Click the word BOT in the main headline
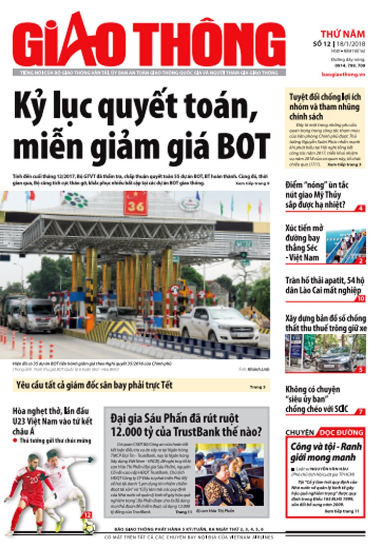point(243,144)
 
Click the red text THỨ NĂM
point(343,34)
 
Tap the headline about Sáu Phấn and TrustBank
point(186,425)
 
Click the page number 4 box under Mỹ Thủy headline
point(360,208)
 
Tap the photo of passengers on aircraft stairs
point(346,246)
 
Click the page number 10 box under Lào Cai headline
point(360,298)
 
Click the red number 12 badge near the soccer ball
point(87,515)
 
